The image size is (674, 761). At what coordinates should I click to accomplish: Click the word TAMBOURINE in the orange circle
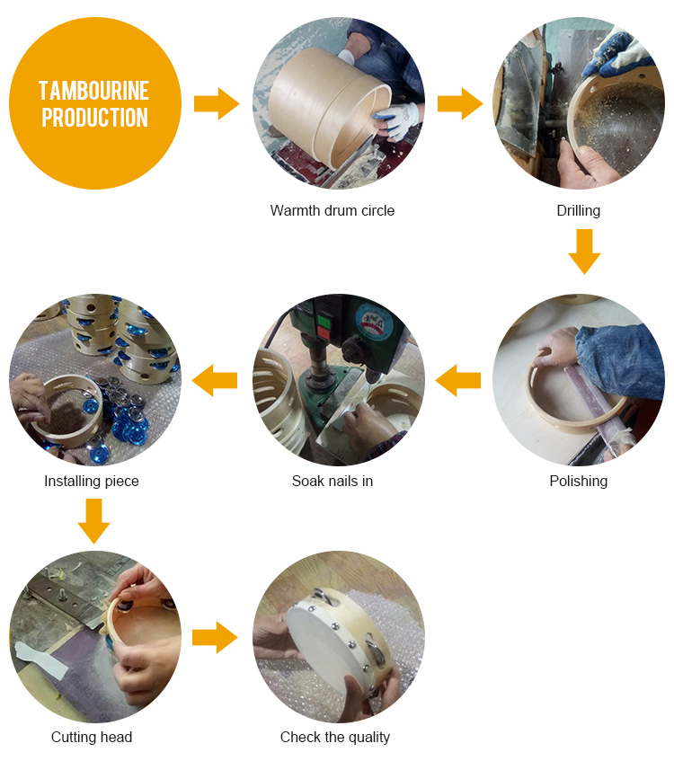tap(93, 91)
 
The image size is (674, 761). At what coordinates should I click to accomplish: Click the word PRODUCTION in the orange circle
tap(94, 118)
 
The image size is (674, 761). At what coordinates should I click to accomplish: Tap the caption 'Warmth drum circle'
tap(333, 210)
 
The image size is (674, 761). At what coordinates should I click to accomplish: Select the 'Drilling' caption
tap(579, 210)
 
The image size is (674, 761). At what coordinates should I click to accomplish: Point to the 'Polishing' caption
tap(579, 481)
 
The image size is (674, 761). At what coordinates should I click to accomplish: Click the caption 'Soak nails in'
tap(333, 481)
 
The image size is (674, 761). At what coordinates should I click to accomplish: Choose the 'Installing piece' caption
tap(92, 481)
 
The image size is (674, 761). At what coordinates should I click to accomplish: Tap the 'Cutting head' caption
tap(92, 737)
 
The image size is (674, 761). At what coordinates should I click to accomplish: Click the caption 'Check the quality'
tap(335, 737)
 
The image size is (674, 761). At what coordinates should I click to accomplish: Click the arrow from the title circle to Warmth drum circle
tap(217, 103)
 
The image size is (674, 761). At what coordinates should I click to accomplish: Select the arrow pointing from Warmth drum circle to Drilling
tap(460, 103)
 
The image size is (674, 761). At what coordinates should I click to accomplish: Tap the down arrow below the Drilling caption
tap(585, 252)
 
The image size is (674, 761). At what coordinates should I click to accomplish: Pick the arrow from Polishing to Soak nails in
tap(458, 380)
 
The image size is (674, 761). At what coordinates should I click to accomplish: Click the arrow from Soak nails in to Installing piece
tap(215, 380)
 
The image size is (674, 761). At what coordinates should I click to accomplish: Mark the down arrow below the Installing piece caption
tap(93, 521)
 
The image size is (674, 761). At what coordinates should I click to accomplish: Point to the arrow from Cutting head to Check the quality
tap(215, 637)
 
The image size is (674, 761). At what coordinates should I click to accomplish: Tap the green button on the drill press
tap(324, 322)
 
